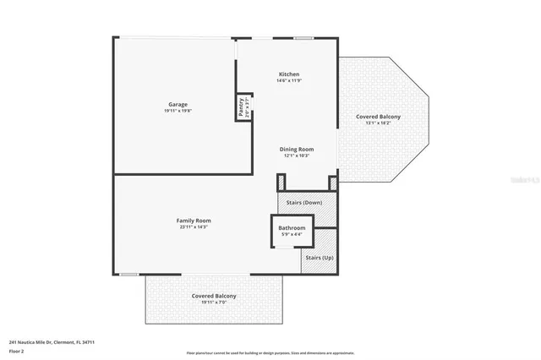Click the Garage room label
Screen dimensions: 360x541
click(x=177, y=104)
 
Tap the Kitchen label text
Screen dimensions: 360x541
click(x=289, y=74)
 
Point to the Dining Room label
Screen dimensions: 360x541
click(x=296, y=149)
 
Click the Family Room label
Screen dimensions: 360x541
click(x=193, y=221)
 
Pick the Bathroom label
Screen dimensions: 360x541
click(x=292, y=227)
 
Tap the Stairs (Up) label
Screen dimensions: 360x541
click(x=319, y=257)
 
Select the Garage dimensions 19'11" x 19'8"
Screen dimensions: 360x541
click(x=177, y=112)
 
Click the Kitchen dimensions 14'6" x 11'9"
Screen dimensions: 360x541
click(x=289, y=81)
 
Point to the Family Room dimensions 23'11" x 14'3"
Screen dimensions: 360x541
click(x=193, y=227)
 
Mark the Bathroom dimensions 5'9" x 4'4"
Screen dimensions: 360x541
click(x=292, y=234)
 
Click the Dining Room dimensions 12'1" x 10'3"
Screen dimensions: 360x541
click(x=296, y=155)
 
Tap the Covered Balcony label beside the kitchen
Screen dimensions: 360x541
click(x=378, y=116)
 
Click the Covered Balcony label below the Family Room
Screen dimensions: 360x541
click(x=213, y=296)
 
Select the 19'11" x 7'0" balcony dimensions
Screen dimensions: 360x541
click(x=213, y=303)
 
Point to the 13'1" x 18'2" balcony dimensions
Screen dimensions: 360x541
click(x=378, y=123)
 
